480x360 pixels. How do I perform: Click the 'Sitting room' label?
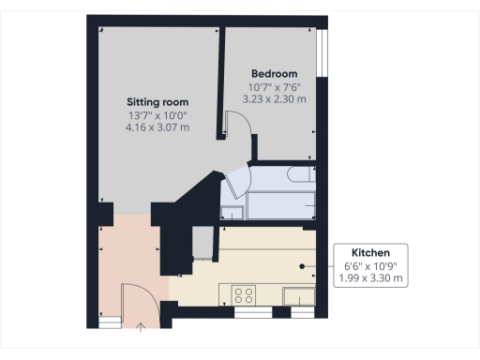[158, 101]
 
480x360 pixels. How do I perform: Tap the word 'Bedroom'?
[274, 73]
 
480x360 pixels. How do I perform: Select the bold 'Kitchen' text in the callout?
[370, 253]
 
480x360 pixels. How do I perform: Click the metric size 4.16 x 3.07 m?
[158, 127]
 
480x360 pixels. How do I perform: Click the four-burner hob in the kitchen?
[245, 295]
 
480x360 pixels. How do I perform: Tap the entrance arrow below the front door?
[142, 327]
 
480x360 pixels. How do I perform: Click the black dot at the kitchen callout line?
[302, 266]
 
